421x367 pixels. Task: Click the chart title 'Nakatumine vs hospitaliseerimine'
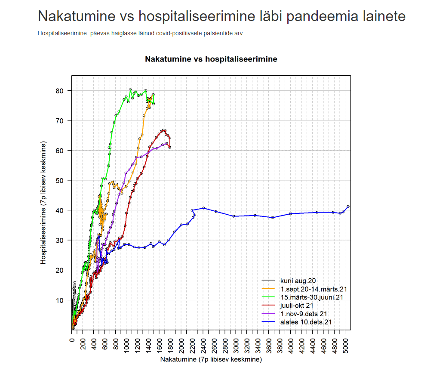(x=211, y=59)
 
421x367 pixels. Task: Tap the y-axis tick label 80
(x=59, y=91)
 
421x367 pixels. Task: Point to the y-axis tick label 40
(x=59, y=210)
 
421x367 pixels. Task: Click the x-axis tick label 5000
(x=346, y=344)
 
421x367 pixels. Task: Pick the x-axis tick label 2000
(x=181, y=344)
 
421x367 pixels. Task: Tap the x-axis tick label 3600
(x=269, y=344)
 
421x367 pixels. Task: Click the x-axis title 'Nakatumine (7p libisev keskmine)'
(x=210, y=359)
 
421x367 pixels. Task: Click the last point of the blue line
(x=348, y=207)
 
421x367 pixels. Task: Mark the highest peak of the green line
(x=130, y=89)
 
